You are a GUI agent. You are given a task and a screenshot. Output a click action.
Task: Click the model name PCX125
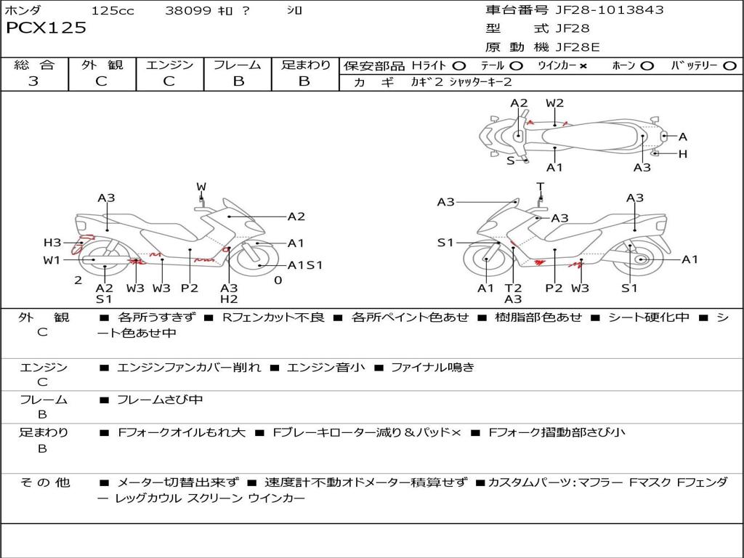point(46,28)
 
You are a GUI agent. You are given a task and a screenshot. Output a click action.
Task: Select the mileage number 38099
point(188,11)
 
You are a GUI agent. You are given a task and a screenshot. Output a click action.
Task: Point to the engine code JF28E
point(578,48)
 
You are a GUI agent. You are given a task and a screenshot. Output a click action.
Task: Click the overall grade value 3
point(33,81)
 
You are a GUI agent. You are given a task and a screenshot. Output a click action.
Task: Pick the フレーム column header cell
point(238,65)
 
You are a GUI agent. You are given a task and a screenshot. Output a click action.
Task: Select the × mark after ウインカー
point(583,66)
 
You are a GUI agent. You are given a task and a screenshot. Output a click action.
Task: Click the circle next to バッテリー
point(729,66)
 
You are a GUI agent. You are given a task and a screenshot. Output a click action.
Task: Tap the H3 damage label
point(52,243)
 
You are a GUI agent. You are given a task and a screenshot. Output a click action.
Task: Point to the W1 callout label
point(51,260)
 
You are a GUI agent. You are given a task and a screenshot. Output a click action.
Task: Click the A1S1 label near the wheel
point(305,265)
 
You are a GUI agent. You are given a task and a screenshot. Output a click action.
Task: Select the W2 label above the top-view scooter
point(554,103)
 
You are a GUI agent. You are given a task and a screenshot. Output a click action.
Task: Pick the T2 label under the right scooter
point(513,288)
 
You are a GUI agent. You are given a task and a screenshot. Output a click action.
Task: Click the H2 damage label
point(229,299)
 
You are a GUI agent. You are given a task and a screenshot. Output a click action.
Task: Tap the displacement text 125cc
point(113,11)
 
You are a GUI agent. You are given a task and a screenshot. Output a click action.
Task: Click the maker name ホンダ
point(23,11)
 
